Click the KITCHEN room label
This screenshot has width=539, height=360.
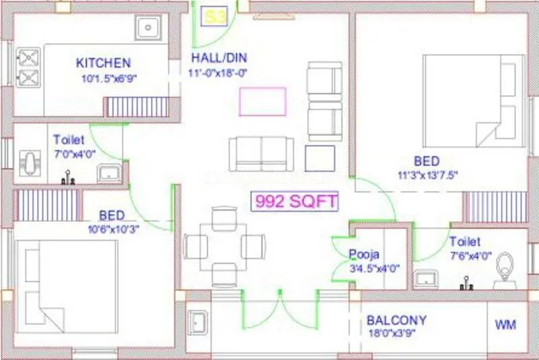[x=103, y=63]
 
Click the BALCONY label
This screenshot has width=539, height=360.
[x=396, y=320]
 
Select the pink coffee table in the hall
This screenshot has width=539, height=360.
[x=262, y=101]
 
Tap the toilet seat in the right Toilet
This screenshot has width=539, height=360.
[x=504, y=274]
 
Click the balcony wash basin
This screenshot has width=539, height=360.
[x=197, y=322]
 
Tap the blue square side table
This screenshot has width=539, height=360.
[x=319, y=158]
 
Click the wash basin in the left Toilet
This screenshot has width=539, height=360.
[x=108, y=174]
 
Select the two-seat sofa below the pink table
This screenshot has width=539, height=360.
[x=261, y=154]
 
